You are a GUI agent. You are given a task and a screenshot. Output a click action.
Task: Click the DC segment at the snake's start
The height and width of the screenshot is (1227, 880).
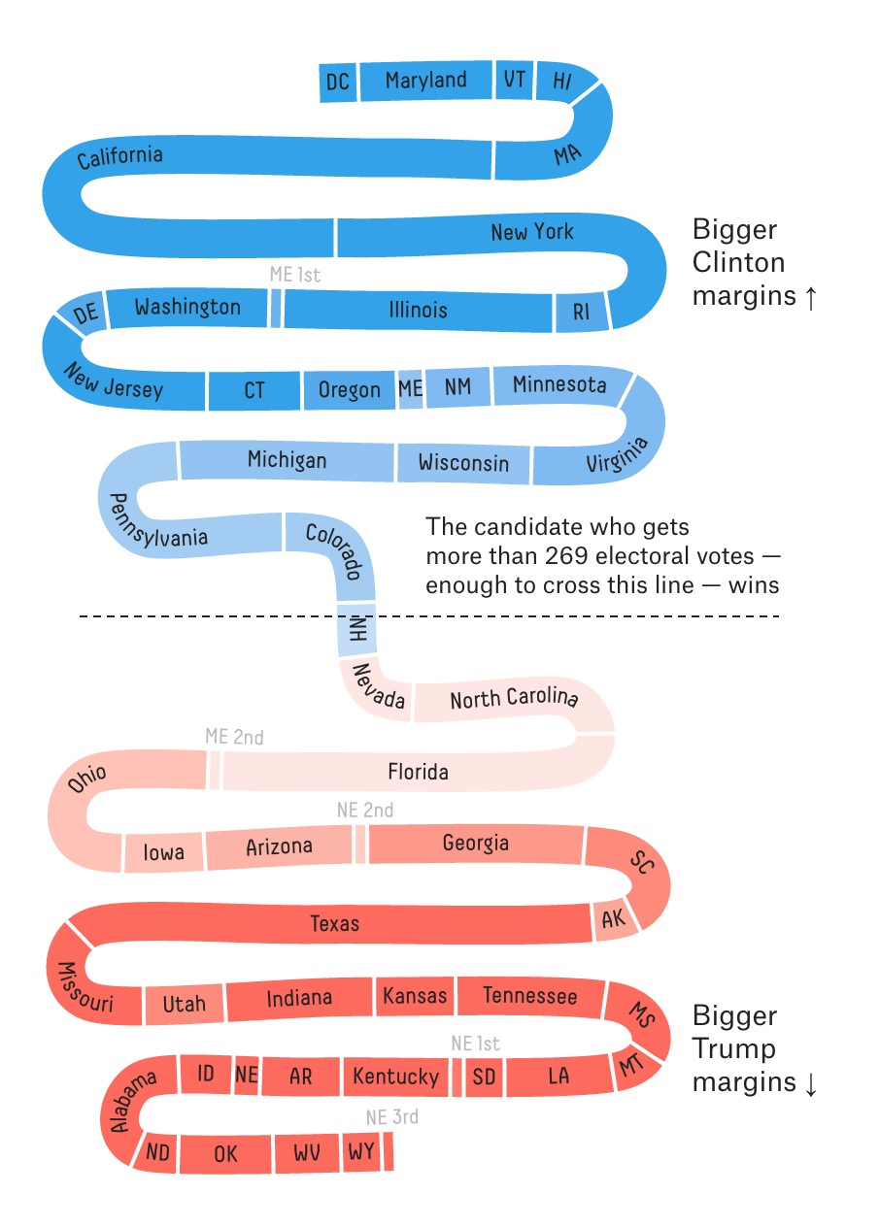coord(338,83)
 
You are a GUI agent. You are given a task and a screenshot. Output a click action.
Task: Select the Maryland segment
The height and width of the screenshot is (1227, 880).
coord(425,81)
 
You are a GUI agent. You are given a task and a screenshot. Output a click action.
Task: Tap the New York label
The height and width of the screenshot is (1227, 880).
coord(531,233)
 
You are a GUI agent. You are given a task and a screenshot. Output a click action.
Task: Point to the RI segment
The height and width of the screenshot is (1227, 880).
coord(581,312)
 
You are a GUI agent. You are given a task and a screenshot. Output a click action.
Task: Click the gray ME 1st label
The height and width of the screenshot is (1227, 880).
coord(294,275)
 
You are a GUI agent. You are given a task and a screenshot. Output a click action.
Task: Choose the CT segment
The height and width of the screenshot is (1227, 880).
coord(254,390)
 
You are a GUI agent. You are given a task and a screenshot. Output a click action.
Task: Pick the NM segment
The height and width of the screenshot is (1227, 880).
coord(457,387)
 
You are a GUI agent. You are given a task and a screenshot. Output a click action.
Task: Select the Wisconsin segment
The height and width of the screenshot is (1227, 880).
coord(463,463)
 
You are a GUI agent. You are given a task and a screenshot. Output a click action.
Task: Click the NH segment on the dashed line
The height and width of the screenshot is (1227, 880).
coord(355,629)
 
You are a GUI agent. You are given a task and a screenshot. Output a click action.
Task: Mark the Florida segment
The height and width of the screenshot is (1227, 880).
coord(418,772)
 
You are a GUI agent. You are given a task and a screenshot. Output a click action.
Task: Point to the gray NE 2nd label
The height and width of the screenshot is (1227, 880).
coord(364,810)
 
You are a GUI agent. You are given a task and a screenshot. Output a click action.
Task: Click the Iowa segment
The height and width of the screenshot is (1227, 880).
coord(163,852)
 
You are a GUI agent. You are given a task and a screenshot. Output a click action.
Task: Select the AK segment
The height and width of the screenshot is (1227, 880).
coord(614,919)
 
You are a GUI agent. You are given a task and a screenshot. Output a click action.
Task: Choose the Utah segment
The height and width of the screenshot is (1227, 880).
coord(184,1003)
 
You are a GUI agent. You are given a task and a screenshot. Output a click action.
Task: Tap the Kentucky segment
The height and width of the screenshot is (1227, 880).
coord(395,1076)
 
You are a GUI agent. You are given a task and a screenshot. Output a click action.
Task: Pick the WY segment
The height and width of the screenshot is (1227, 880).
coord(360,1152)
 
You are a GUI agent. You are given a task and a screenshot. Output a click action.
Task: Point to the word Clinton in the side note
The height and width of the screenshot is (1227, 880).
coord(738,263)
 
